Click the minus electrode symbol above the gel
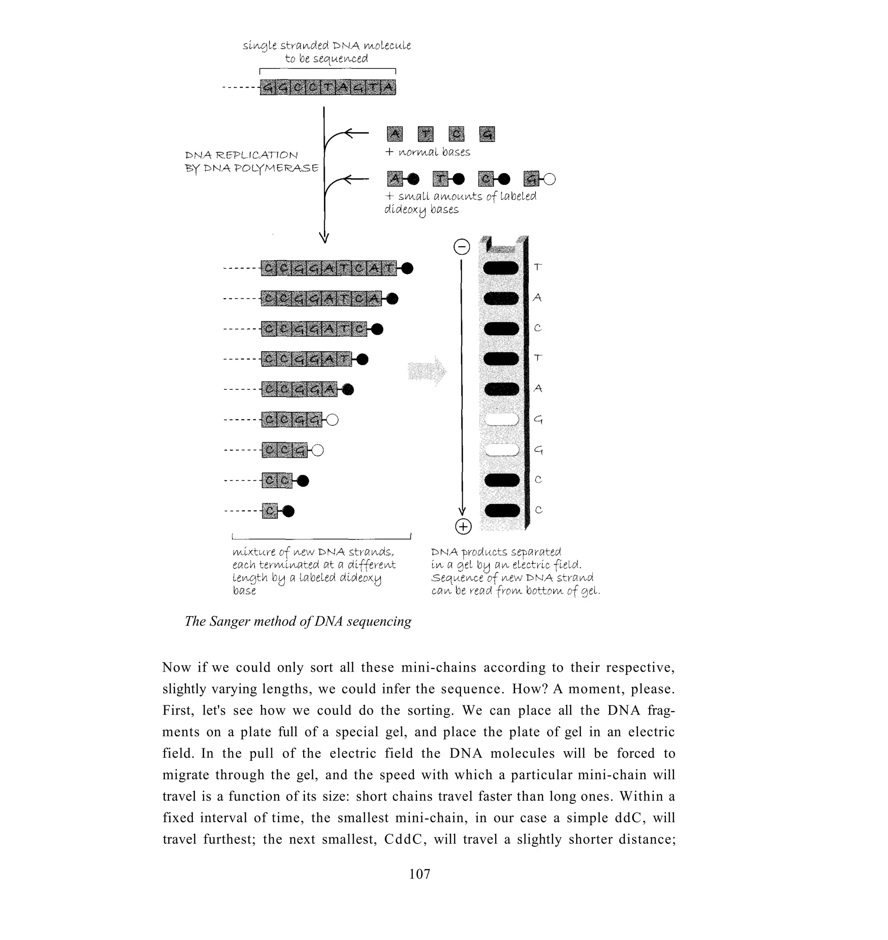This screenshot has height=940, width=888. (x=461, y=247)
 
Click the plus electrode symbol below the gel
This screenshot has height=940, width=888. (x=463, y=526)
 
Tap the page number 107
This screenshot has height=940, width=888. (x=419, y=874)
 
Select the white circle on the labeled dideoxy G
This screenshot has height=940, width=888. (x=549, y=179)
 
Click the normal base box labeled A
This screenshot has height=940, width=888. (x=395, y=134)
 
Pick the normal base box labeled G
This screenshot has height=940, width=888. (x=486, y=134)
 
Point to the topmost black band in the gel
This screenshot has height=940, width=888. (x=501, y=268)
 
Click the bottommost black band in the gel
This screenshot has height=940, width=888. (x=502, y=510)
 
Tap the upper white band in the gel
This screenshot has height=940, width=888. (x=501, y=419)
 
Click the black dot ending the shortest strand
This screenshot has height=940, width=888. (x=288, y=511)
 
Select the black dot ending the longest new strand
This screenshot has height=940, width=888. (x=407, y=268)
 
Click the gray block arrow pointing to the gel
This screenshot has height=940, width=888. (x=427, y=372)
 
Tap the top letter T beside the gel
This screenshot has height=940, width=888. (x=538, y=267)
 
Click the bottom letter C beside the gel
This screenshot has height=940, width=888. (x=538, y=510)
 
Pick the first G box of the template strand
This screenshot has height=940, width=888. (x=268, y=88)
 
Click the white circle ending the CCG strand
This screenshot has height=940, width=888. (x=318, y=450)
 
